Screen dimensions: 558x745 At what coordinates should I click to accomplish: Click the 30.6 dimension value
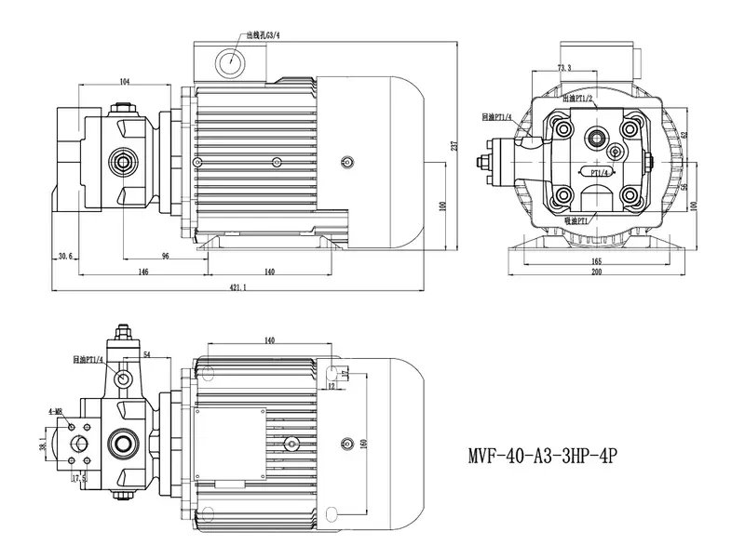point(64,256)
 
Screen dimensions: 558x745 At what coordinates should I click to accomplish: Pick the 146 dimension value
point(142,272)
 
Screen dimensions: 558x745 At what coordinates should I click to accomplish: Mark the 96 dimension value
point(164,256)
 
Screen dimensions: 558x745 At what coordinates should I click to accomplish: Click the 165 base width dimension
point(596,261)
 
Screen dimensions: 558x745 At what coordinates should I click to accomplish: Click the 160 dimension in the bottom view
point(363,444)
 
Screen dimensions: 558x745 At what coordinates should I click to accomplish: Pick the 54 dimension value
point(147,355)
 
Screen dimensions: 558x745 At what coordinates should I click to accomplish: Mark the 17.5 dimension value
point(81,479)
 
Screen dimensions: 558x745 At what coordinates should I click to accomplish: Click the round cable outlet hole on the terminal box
point(228,62)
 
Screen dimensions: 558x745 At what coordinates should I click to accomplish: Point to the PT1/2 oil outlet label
point(578,97)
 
